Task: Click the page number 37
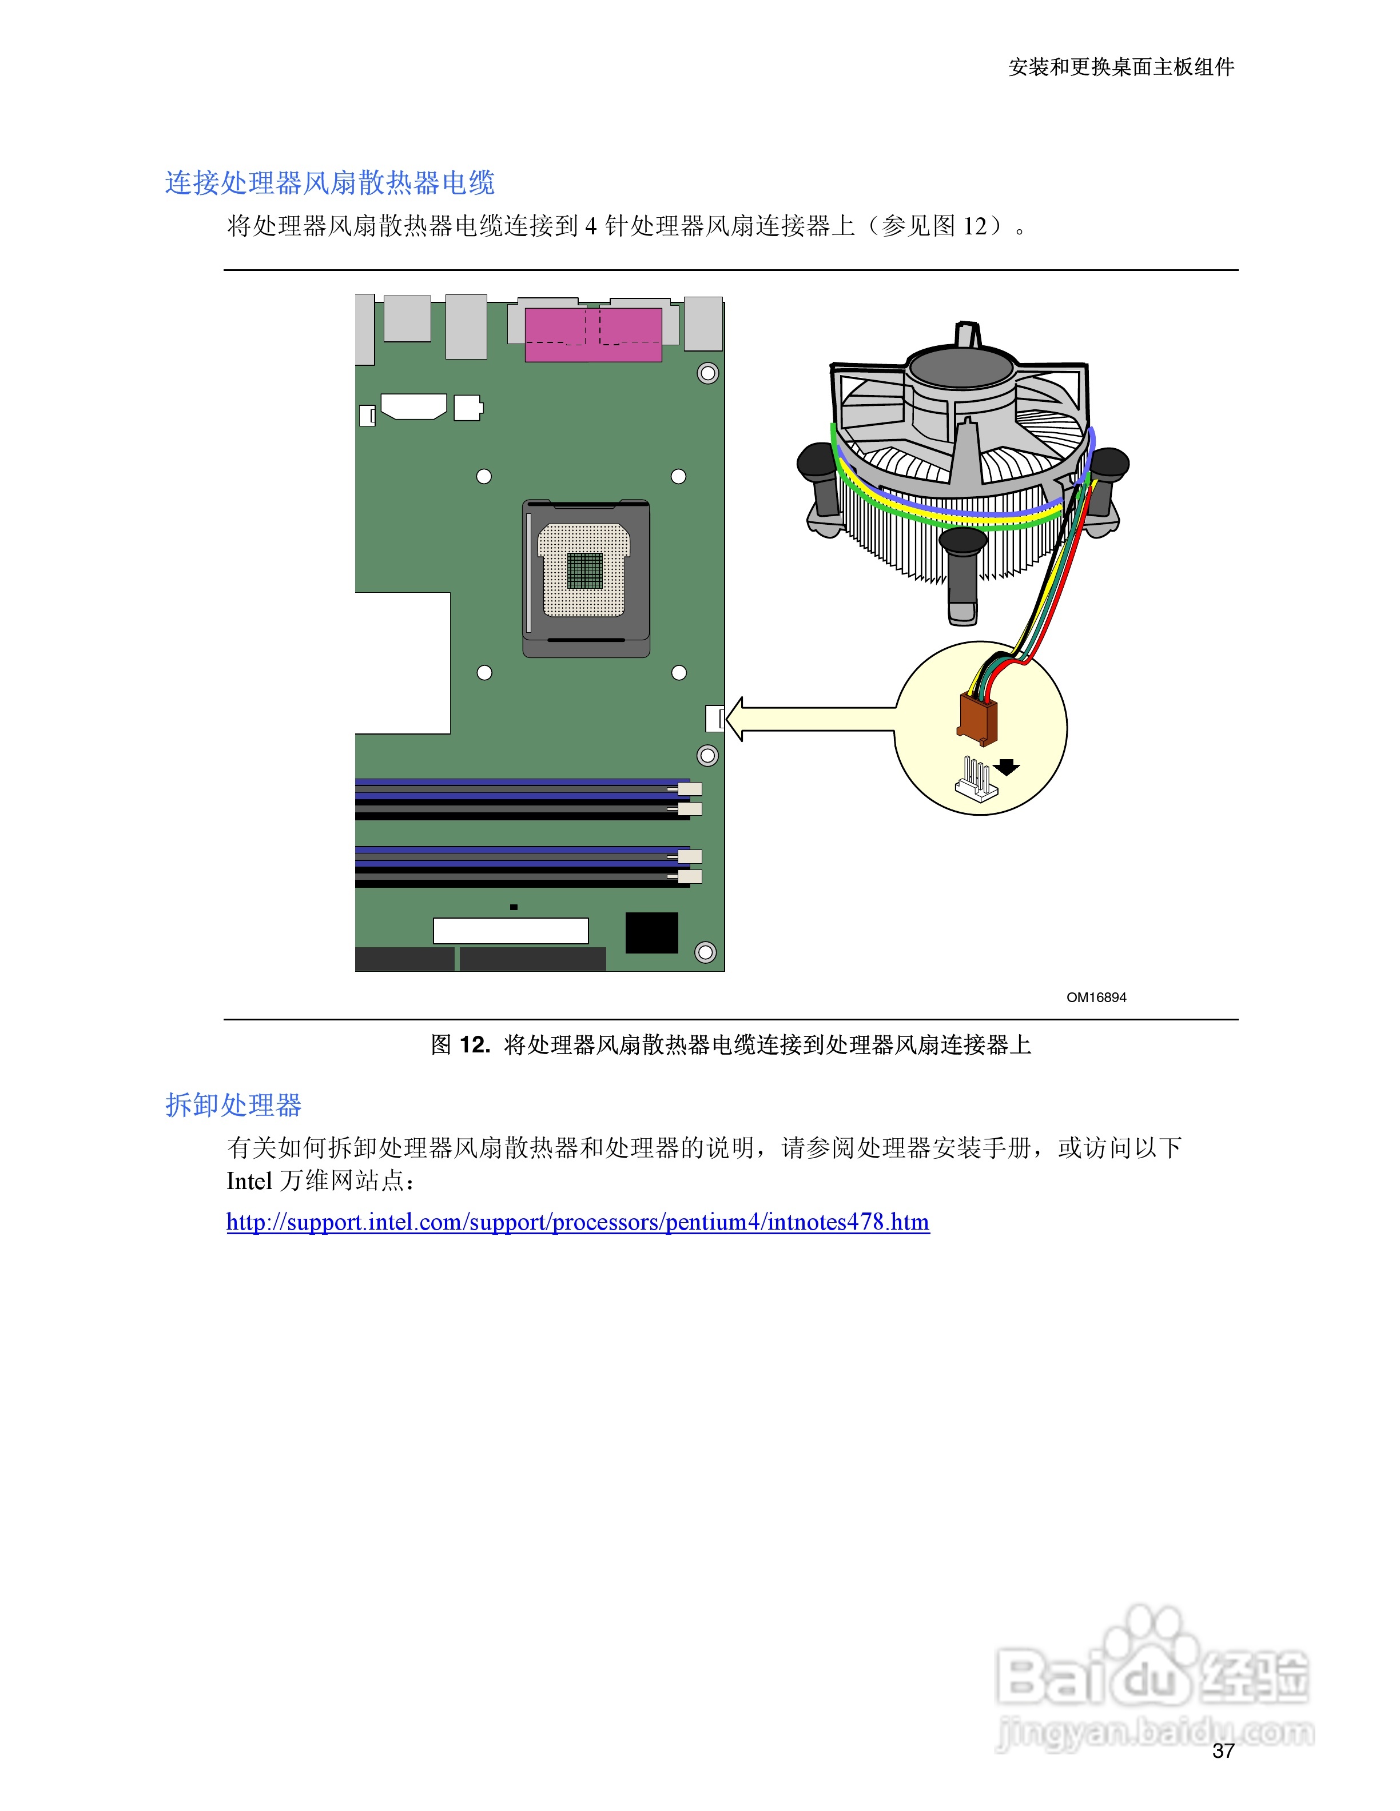click(x=1223, y=1750)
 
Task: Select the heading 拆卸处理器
click(x=233, y=1104)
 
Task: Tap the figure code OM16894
click(x=1096, y=998)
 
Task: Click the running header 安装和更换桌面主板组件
click(x=1120, y=67)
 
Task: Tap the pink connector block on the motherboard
click(x=593, y=334)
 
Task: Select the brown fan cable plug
click(x=977, y=718)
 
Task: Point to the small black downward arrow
click(x=1007, y=767)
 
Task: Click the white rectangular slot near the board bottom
click(x=510, y=931)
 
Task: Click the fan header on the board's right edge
click(x=715, y=718)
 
